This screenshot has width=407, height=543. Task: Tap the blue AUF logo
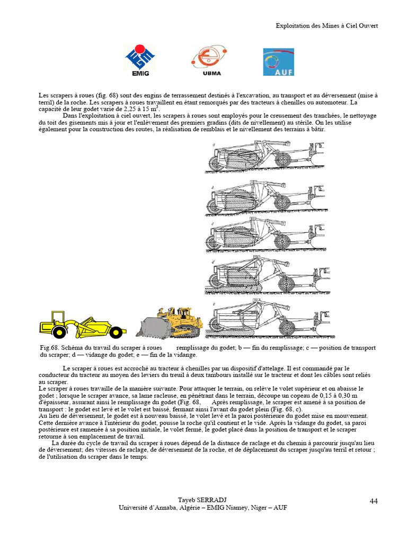pos(278,62)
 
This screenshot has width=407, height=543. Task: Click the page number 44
pos(373,501)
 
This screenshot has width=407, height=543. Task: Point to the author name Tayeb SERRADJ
pos(203,500)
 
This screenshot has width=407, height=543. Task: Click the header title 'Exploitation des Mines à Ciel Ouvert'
pos(327,25)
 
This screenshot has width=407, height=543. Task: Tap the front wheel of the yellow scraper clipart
pos(59,332)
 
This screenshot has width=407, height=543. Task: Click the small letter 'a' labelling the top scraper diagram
pos(213,145)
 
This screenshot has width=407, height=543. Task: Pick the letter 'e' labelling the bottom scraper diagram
pos(213,304)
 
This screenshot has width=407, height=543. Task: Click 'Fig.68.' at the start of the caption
pos(49,348)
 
